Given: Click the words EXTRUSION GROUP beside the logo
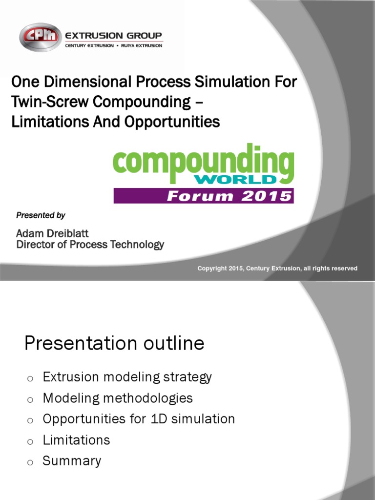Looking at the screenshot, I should pyautogui.click(x=113, y=35).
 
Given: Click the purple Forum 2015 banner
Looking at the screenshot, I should pyautogui.click(x=204, y=196).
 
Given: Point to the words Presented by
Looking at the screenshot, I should pyautogui.click(x=41, y=215).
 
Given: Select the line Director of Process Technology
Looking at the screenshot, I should pyautogui.click(x=90, y=245).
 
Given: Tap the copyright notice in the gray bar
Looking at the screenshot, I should pyautogui.click(x=277, y=268).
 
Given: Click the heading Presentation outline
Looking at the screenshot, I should pyautogui.click(x=114, y=344).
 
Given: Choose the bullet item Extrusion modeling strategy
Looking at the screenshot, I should pyautogui.click(x=127, y=377).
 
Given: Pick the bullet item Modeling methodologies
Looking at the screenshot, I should pyautogui.click(x=118, y=398).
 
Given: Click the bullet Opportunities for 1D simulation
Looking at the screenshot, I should pyautogui.click(x=139, y=419).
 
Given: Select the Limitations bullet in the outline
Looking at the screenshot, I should pyautogui.click(x=76, y=440).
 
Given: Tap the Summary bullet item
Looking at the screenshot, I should pyautogui.click(x=72, y=461).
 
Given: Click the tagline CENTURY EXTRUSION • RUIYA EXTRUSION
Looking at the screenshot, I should pyautogui.click(x=113, y=45).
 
